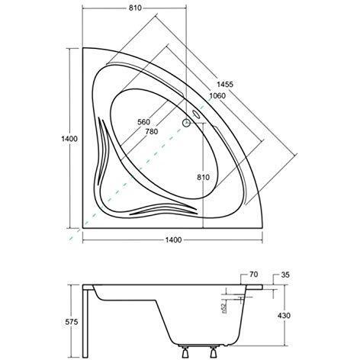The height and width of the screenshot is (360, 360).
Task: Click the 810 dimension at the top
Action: (x=135, y=8)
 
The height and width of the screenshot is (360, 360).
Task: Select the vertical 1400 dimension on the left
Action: (x=69, y=139)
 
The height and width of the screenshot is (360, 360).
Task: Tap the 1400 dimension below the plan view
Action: (x=173, y=239)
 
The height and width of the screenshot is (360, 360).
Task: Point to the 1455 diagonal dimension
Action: (x=225, y=84)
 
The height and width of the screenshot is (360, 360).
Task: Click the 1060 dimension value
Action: (x=217, y=96)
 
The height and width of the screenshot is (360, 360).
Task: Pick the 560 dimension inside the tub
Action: (x=144, y=122)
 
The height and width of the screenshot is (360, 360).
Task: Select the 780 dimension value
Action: (x=152, y=131)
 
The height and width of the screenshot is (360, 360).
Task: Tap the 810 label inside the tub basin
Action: (x=204, y=177)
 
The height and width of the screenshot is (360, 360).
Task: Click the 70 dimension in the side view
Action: (x=253, y=275)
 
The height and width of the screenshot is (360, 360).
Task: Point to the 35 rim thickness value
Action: (x=285, y=275)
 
